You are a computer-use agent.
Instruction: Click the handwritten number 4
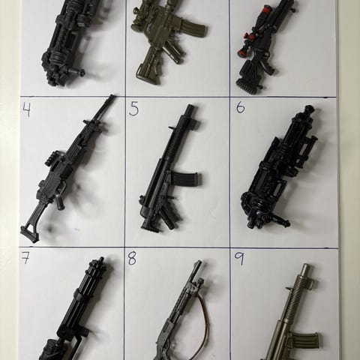(x=27, y=109)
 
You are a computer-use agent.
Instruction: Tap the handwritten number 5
(x=134, y=109)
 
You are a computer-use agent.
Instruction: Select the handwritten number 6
(x=240, y=108)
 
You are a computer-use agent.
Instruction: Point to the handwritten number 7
(x=25, y=257)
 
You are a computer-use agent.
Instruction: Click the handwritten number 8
(x=132, y=259)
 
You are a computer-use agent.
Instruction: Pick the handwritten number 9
(x=239, y=259)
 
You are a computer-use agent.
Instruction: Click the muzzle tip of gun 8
(x=199, y=262)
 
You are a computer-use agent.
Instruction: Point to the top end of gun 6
(x=309, y=109)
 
